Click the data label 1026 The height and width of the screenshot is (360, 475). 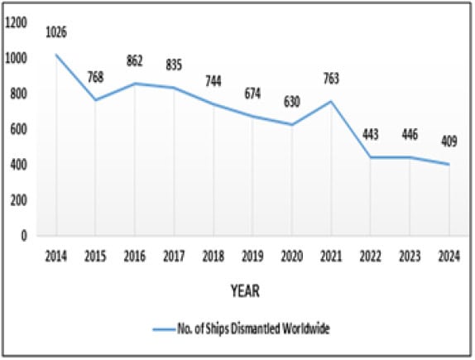(x=57, y=32)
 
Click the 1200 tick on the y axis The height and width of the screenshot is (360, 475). (x=16, y=23)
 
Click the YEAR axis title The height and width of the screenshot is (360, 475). (x=245, y=290)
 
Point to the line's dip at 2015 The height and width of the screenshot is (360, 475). (x=96, y=100)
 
